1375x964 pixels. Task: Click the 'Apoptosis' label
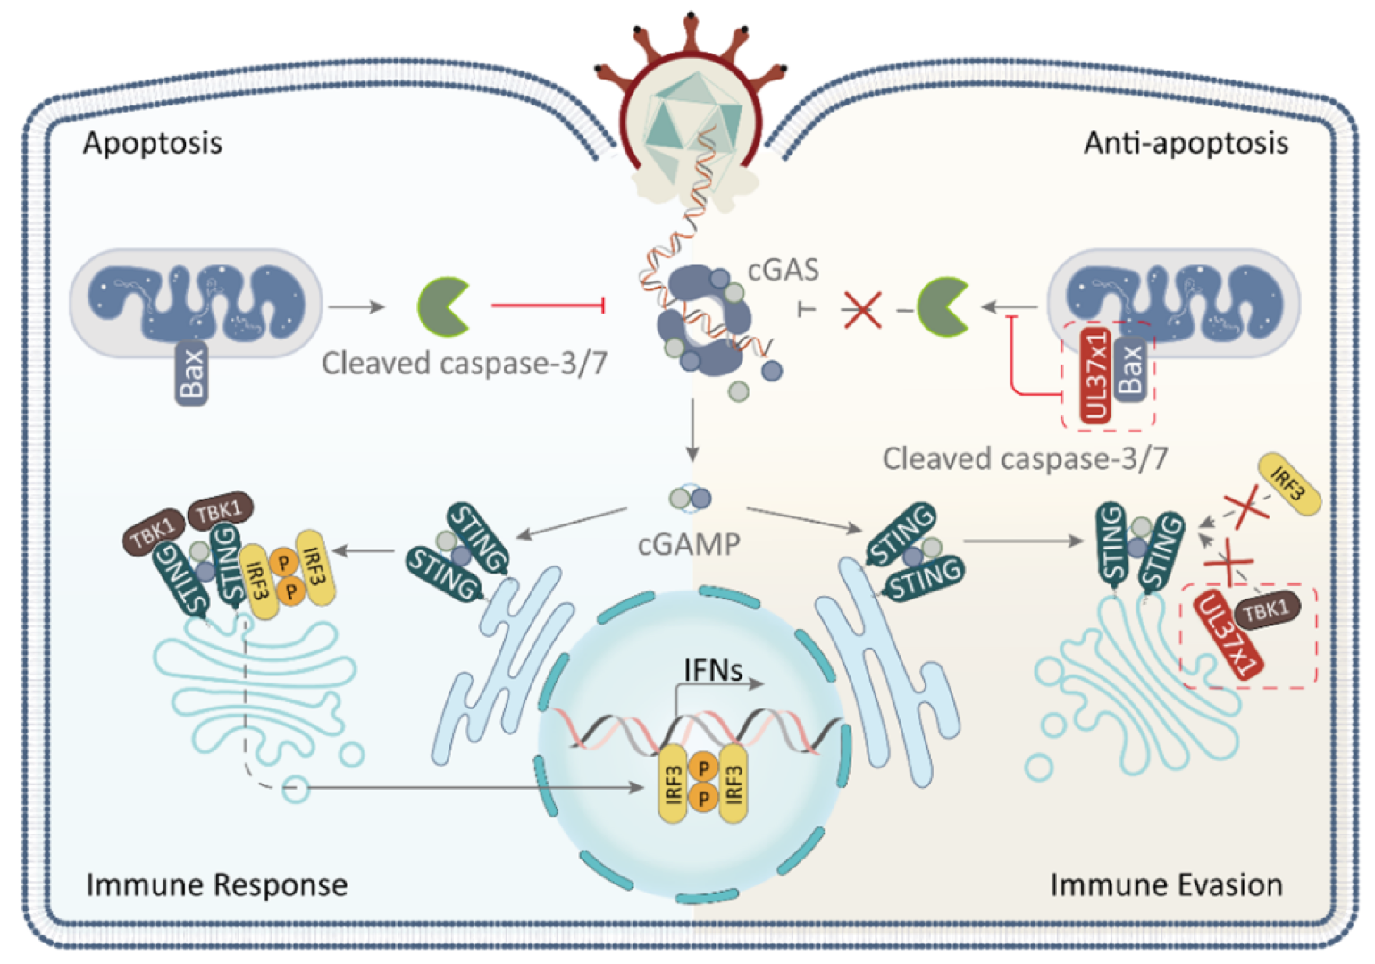(153, 143)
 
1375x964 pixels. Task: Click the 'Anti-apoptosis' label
(1186, 143)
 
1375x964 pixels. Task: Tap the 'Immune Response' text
(217, 884)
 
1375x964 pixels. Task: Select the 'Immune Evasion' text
(1166, 884)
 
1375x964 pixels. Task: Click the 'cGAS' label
(783, 269)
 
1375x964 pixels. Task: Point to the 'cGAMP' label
(689, 543)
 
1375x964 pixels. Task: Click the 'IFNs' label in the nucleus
(712, 669)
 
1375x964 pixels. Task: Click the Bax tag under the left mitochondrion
(192, 373)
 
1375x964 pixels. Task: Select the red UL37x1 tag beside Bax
(1095, 375)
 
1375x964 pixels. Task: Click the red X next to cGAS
(862, 309)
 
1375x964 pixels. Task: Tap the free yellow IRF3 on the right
(1288, 483)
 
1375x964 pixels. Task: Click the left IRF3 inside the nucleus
(675, 784)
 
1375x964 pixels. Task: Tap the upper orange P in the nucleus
(704, 767)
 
